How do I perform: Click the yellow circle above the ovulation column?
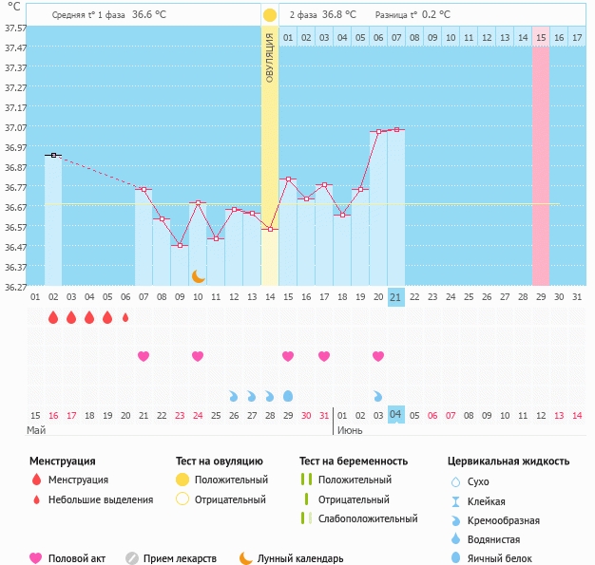click(270, 15)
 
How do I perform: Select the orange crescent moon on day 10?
click(198, 276)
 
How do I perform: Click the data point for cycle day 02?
click(54, 155)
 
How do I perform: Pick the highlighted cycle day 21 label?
click(396, 296)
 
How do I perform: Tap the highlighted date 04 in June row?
click(396, 415)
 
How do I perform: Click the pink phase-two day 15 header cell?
click(541, 37)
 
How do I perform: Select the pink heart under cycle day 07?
click(144, 356)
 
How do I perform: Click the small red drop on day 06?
click(125, 318)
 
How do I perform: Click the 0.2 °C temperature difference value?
click(435, 15)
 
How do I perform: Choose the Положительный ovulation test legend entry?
click(230, 480)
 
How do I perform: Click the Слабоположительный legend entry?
click(367, 518)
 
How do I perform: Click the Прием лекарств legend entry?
click(179, 558)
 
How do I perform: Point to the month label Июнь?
click(349, 430)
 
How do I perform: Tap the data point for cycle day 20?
click(378, 132)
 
